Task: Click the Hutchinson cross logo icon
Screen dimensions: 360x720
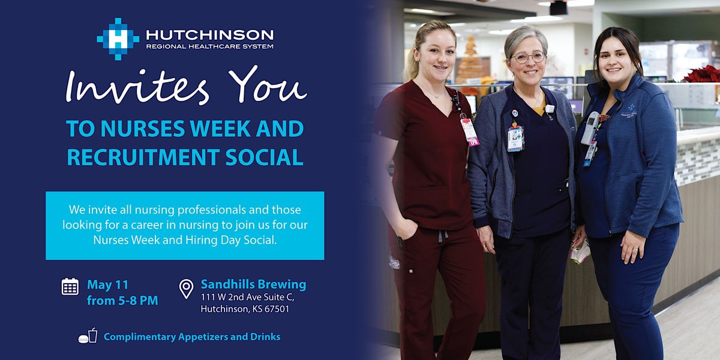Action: (x=118, y=38)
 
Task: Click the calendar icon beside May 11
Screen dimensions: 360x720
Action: (x=70, y=286)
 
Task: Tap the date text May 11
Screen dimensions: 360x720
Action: (x=107, y=284)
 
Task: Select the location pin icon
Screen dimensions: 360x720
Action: (x=187, y=289)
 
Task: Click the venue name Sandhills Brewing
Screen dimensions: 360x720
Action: (x=253, y=284)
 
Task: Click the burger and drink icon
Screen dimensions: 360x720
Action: (x=88, y=336)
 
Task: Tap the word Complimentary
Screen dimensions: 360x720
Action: (x=139, y=337)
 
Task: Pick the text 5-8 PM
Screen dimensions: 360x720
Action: (x=137, y=301)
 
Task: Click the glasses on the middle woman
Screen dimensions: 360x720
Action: (x=527, y=58)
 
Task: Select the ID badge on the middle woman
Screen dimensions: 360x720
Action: (x=515, y=138)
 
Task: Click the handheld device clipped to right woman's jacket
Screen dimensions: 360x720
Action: (x=590, y=127)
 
